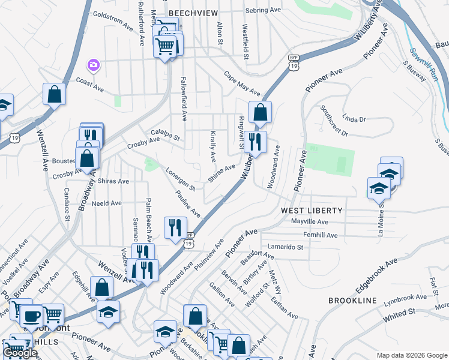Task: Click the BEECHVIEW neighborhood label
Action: tap(191, 13)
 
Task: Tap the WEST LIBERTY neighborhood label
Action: tap(312, 211)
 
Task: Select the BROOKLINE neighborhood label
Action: tap(352, 300)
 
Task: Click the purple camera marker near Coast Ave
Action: tap(94, 64)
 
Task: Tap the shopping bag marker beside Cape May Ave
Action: tap(260, 112)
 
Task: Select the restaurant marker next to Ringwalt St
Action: tap(256, 142)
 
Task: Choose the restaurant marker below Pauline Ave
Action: tap(175, 227)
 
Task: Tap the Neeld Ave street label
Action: tap(107, 203)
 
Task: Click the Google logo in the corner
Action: tap(20, 353)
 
